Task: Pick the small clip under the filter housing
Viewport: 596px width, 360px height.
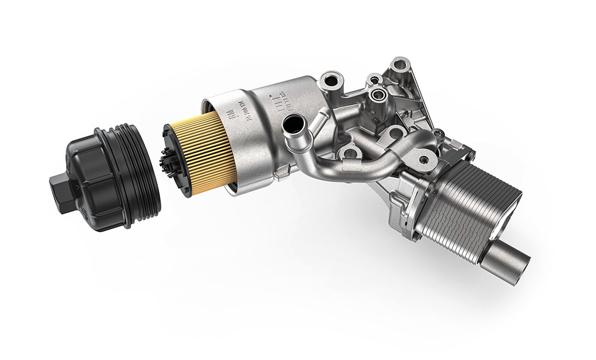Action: tap(281, 173)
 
